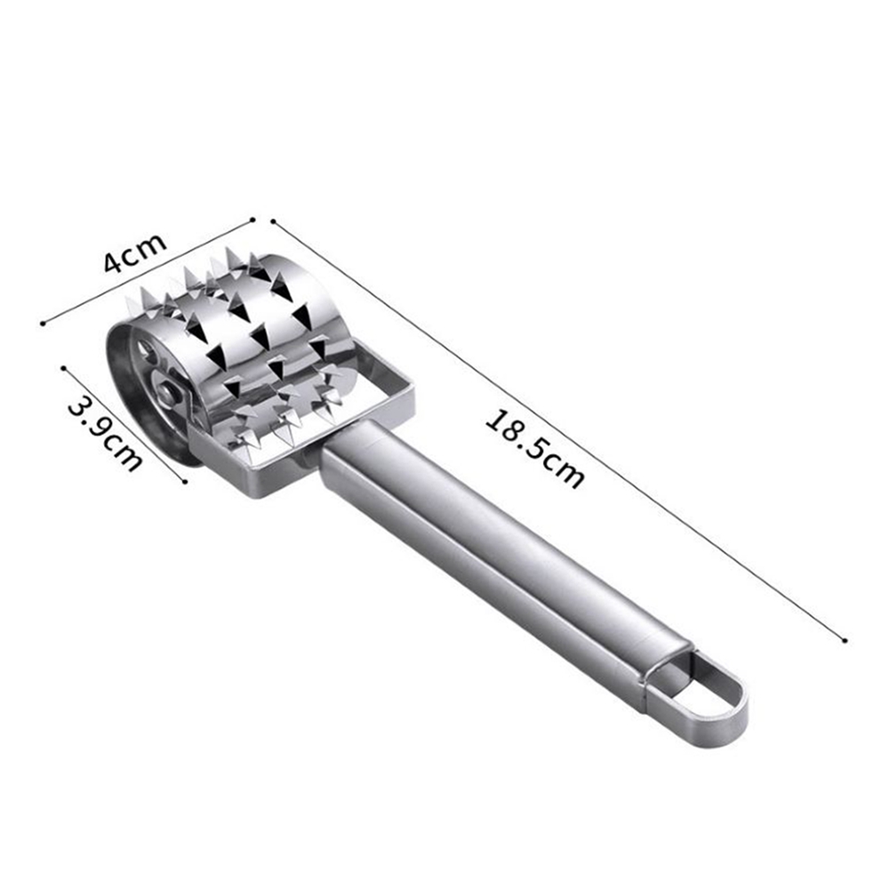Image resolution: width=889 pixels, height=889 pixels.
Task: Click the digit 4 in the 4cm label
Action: click(x=114, y=262)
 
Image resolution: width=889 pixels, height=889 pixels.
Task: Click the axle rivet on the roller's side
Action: click(x=167, y=390)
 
